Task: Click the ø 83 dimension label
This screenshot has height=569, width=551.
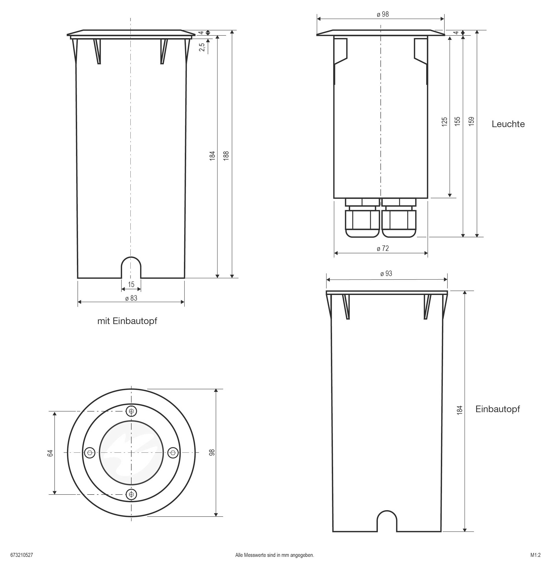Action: click(131, 298)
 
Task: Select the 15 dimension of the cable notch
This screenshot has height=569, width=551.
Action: click(131, 285)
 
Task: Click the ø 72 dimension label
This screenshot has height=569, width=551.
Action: click(383, 248)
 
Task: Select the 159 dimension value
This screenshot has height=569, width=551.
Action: click(471, 121)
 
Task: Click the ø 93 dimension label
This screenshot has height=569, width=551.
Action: click(386, 274)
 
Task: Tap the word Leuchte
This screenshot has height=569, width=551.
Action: click(508, 124)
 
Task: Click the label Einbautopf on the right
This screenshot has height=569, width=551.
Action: click(497, 409)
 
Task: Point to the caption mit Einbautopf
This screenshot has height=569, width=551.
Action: click(127, 321)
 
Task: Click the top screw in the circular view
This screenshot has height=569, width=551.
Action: click(132, 411)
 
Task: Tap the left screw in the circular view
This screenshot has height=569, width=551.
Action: click(90, 452)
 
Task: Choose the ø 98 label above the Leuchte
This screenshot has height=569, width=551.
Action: click(383, 14)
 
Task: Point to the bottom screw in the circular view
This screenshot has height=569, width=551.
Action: click(132, 494)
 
